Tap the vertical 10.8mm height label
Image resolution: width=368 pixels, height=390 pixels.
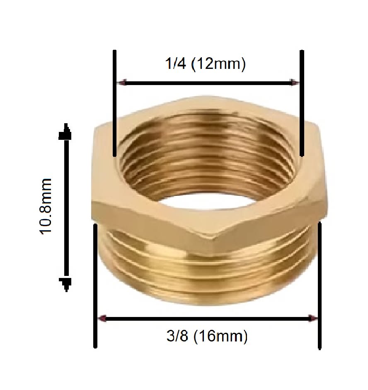[46, 206]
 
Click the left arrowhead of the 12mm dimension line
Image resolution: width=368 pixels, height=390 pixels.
[121, 83]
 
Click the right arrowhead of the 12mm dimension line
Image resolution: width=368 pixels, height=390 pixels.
[294, 83]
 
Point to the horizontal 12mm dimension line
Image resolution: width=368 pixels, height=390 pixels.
[207, 83]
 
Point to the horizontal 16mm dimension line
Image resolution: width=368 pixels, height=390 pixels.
[207, 319]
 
